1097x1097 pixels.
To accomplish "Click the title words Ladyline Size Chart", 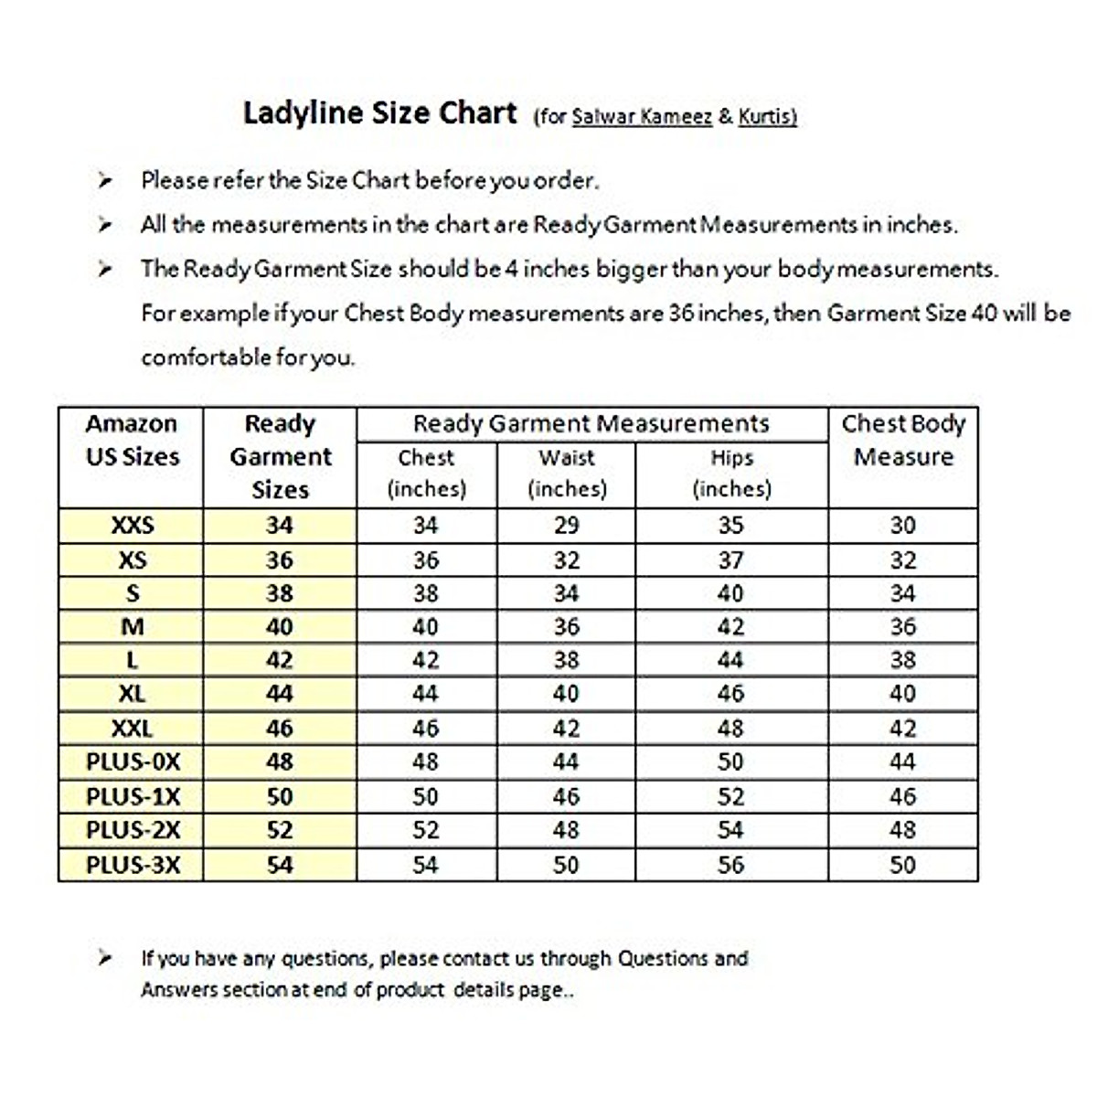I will [379, 113].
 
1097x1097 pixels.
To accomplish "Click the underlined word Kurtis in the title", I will [766, 116].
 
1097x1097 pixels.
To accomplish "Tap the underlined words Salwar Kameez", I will [642, 116].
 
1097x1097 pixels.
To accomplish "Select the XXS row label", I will [133, 526].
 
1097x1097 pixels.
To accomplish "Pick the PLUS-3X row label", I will [133, 865].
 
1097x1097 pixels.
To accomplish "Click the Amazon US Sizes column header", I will [132, 440].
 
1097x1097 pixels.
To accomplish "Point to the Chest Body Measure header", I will [903, 440].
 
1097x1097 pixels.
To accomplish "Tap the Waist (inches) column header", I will [567, 473].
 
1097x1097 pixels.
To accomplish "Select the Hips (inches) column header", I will [731, 473].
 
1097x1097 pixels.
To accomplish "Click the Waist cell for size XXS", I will [566, 526].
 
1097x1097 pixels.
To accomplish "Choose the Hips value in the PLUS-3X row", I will [730, 865].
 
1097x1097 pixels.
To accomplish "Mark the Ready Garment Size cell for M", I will [280, 627].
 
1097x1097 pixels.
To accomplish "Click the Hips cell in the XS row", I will [730, 560].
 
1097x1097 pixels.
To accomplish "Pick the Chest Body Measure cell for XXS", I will [902, 526].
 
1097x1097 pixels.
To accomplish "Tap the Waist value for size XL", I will [566, 694].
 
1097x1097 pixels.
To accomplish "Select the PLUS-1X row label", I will [133, 797].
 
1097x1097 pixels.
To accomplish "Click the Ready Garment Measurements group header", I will [591, 424].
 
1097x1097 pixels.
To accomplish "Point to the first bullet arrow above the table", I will [105, 181].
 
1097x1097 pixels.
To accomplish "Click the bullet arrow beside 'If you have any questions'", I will [105, 959].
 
